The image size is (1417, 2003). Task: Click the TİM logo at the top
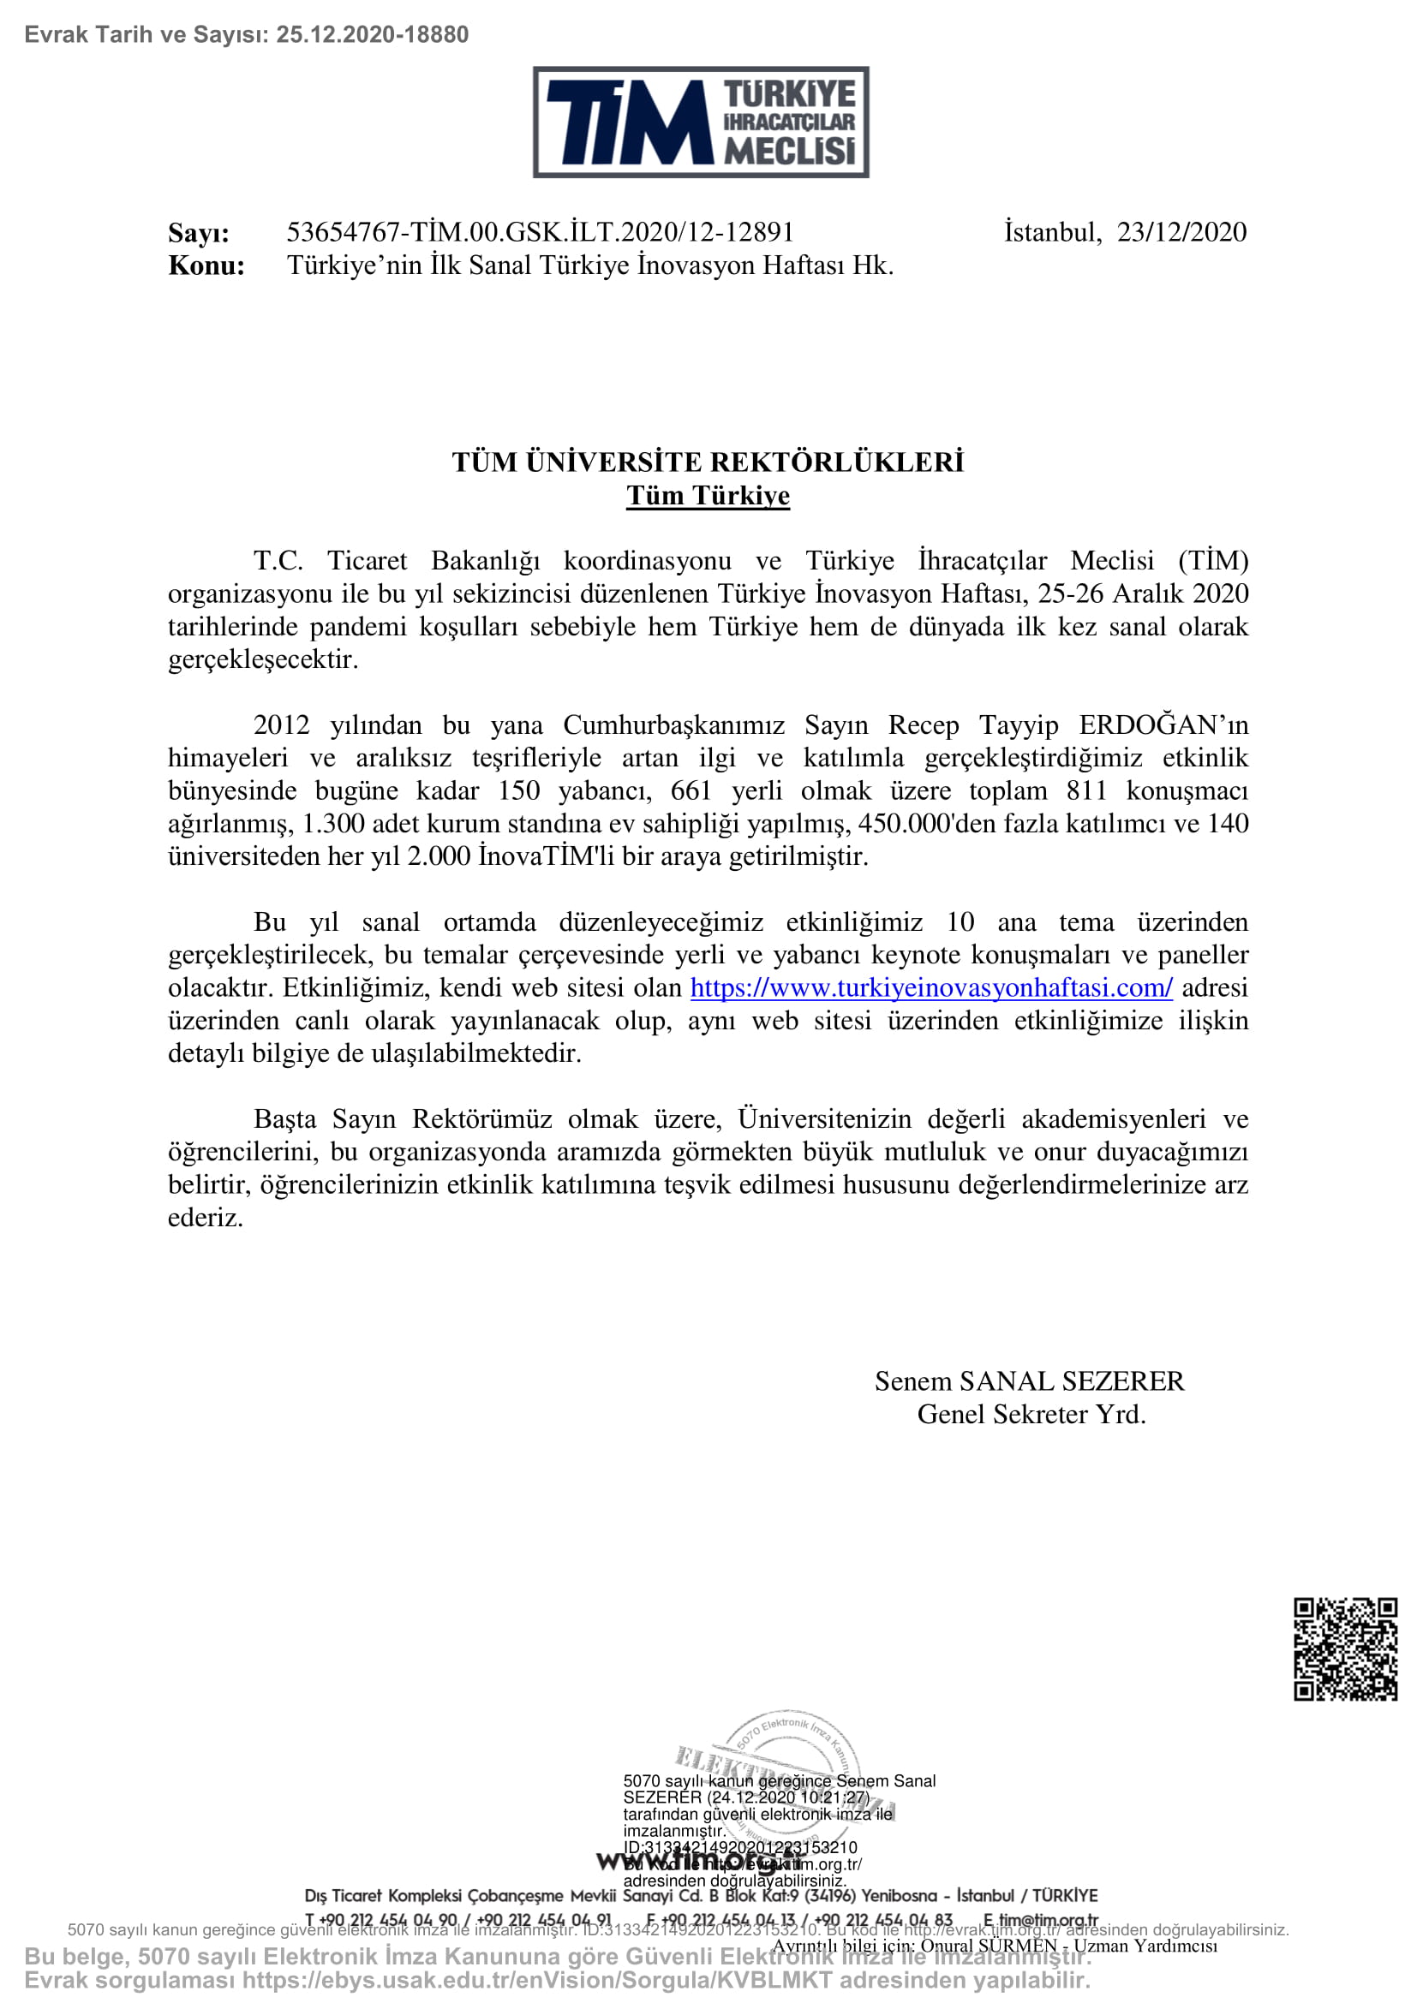(x=701, y=122)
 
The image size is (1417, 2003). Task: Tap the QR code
(x=1345, y=1648)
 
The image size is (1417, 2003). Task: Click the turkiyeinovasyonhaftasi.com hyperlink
(x=931, y=987)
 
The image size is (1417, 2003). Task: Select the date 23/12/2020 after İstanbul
(x=1181, y=232)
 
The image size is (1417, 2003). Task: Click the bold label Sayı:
(x=199, y=234)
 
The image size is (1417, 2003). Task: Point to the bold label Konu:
(x=206, y=266)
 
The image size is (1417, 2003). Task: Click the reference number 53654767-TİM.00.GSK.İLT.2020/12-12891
(x=540, y=232)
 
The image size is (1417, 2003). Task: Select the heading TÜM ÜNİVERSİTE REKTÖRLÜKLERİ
(x=708, y=462)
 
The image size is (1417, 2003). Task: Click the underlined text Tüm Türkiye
(x=708, y=496)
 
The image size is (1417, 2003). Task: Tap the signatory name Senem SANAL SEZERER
(x=1030, y=1381)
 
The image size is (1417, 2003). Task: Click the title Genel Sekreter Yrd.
(x=1031, y=1414)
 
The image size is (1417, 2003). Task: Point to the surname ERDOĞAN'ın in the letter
(x=1163, y=725)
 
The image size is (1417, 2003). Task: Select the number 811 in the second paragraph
(x=1086, y=790)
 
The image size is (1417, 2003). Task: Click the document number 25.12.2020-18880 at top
(x=373, y=35)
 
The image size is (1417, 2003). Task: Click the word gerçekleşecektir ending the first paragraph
(x=264, y=659)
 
